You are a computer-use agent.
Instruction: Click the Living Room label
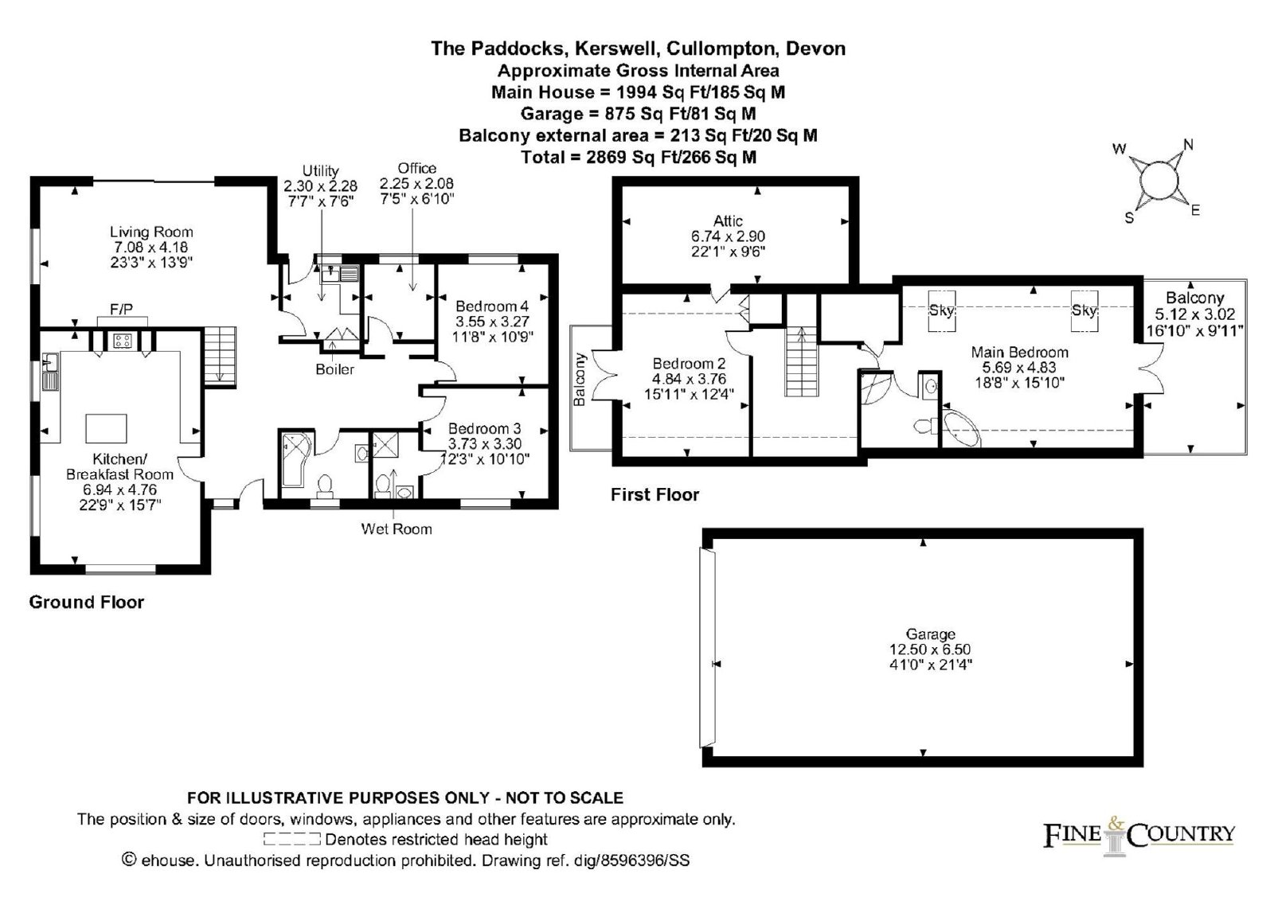pos(151,232)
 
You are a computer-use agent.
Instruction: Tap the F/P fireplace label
pos(121,310)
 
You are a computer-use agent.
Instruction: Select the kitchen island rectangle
pos(107,429)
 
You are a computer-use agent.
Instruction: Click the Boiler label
pos(335,369)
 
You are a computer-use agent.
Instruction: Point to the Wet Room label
pos(397,529)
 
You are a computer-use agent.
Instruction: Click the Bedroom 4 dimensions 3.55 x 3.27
pos(493,322)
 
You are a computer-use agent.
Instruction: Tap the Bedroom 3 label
pos(485,428)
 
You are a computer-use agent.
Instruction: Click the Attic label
pos(728,220)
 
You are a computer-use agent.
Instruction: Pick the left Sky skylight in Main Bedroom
pos(942,311)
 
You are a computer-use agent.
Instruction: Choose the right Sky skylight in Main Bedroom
pos(1084,311)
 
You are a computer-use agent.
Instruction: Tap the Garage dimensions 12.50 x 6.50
pos(931,649)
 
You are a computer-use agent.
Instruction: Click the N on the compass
pos(1188,146)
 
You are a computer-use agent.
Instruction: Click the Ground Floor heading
pos(87,603)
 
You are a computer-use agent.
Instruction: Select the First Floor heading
pos(655,494)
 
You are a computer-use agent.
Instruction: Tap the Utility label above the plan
pos(321,170)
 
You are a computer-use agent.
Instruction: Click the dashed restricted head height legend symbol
pos(292,839)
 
